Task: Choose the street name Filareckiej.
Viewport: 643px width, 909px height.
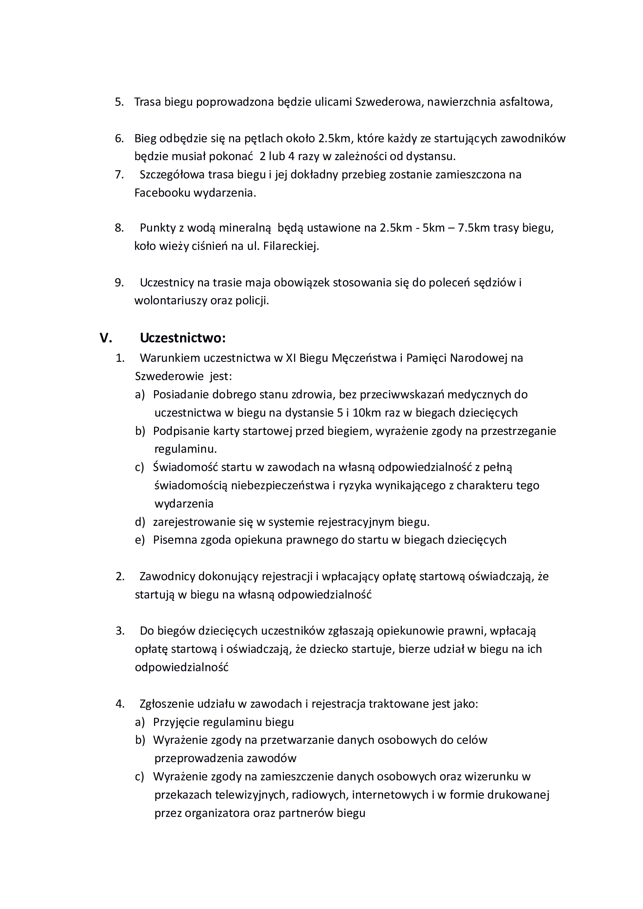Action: click(x=291, y=246)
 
